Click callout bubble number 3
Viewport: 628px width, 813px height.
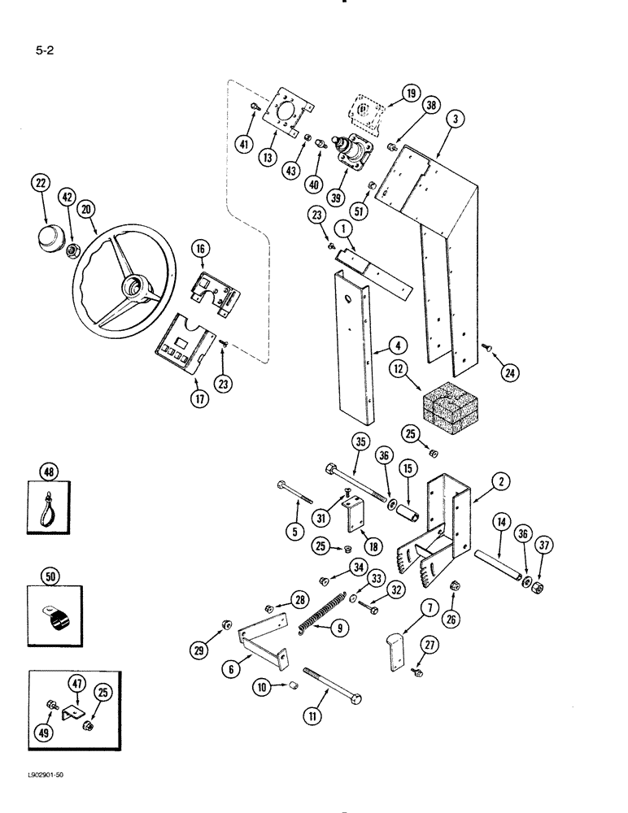(x=456, y=119)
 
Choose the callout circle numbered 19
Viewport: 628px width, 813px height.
(x=410, y=94)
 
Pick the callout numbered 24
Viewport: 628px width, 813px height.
(x=509, y=372)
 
